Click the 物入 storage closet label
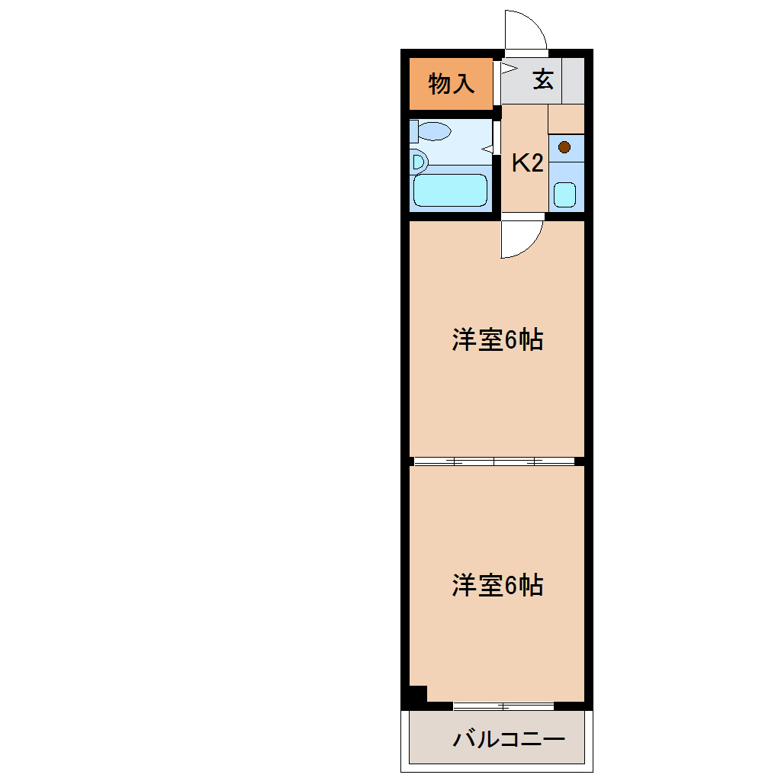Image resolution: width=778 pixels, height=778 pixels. [451, 83]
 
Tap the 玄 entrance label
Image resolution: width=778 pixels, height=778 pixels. [543, 79]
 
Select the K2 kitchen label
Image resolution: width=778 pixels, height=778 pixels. [526, 163]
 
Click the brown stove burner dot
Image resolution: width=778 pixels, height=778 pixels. [564, 147]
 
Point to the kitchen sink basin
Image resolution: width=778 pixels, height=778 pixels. [564, 194]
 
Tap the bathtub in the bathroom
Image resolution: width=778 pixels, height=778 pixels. [450, 190]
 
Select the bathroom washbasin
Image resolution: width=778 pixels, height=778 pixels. [417, 162]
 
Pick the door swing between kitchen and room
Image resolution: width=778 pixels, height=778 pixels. [521, 240]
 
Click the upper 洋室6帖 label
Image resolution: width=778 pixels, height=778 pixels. [497, 339]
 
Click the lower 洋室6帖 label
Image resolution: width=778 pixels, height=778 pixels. [497, 585]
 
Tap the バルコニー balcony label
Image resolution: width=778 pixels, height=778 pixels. [509, 739]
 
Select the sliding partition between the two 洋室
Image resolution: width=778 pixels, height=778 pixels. [494, 461]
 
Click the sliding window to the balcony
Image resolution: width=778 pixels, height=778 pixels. [503, 706]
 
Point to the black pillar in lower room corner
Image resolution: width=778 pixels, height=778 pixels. [415, 694]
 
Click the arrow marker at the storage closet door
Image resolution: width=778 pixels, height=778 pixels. [504, 68]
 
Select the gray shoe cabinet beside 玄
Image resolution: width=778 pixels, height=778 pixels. [574, 80]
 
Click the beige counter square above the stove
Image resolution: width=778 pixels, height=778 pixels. [566, 119]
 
